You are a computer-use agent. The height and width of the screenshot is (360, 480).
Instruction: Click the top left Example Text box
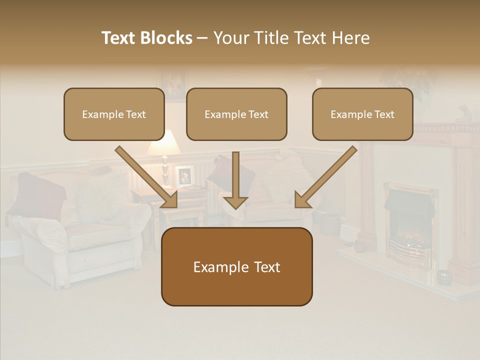114,114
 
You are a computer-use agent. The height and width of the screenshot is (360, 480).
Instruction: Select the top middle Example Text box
236,114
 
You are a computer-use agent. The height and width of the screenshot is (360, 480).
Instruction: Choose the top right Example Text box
362,114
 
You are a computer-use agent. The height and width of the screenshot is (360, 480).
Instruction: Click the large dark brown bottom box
236,267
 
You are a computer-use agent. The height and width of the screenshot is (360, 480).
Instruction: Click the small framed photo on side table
184,175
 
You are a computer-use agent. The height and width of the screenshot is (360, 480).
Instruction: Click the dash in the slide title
202,38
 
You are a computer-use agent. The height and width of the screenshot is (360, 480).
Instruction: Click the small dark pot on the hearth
443,276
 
